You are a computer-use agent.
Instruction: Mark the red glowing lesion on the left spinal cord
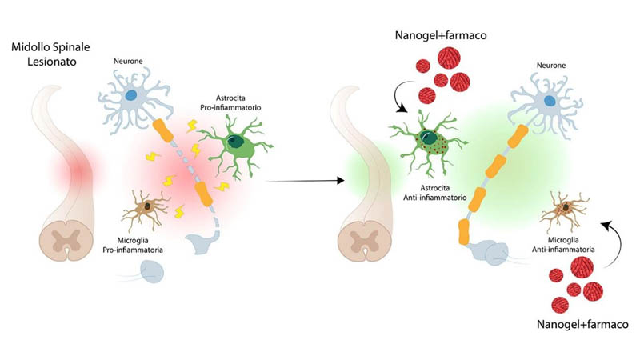[x=72, y=169]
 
